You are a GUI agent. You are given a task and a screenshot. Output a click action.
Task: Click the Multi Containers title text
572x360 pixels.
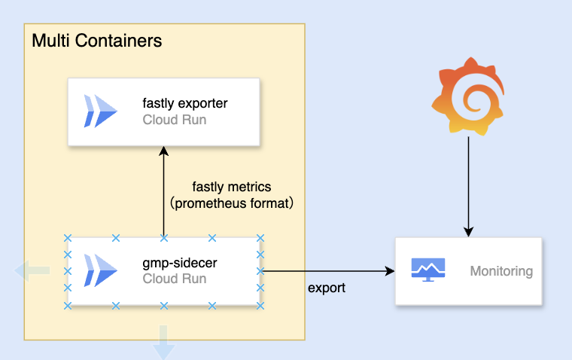pos(96,39)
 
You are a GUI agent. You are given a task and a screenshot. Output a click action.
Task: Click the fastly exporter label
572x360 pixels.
pos(184,103)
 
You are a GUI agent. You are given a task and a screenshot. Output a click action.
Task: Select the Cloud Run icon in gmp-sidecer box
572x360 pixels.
pos(101,271)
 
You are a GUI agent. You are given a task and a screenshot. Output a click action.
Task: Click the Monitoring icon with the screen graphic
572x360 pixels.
pos(428,270)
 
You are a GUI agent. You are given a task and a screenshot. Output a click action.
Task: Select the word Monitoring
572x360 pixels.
pos(501,271)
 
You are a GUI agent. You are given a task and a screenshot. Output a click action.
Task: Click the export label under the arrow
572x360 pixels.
pos(327,288)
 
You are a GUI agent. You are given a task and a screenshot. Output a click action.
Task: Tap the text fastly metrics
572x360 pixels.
pos(231,186)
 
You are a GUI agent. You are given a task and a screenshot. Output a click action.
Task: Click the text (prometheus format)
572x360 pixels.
pos(231,203)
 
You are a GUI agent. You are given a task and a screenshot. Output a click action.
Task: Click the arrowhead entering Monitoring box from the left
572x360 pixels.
pos(390,271)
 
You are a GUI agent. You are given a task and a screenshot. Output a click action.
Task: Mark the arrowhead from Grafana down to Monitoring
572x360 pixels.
pos(468,231)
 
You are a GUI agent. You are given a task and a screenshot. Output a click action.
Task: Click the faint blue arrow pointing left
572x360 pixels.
pos(35,270)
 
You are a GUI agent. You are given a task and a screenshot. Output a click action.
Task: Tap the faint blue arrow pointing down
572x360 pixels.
pos(163,349)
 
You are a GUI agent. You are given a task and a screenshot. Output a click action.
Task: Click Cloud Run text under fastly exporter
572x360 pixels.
pos(174,119)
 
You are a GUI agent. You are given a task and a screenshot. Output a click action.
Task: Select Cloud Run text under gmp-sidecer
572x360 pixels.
pos(174,279)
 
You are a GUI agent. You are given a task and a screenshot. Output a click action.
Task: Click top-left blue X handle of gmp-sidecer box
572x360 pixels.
pos(68,238)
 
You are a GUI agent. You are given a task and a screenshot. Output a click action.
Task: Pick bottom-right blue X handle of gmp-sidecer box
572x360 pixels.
pos(260,305)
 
